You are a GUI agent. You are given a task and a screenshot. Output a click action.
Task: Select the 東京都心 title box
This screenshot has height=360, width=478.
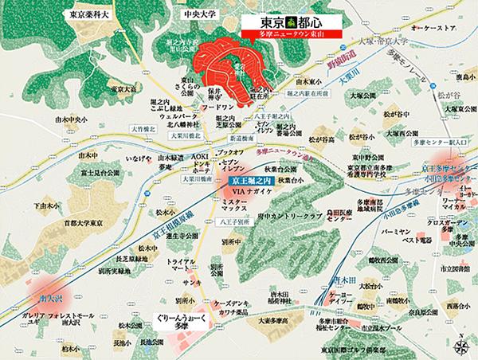click(x=293, y=23)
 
